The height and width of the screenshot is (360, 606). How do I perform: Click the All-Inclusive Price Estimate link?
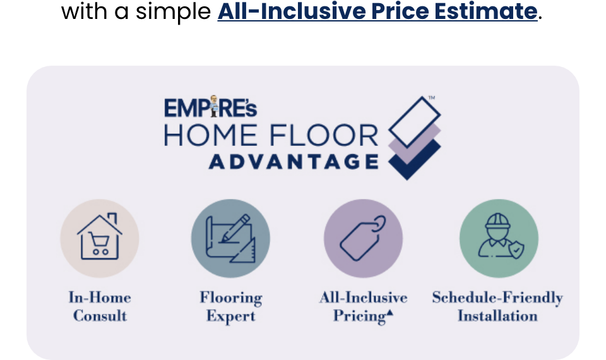pyautogui.click(x=377, y=11)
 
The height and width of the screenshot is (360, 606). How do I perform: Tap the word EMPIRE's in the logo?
pyautogui.click(x=211, y=107)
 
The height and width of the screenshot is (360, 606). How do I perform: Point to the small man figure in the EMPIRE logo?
pyautogui.click(x=213, y=106)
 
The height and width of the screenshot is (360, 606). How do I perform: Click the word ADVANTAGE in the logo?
pyautogui.click(x=294, y=162)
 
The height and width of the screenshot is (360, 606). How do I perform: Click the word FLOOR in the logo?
pyautogui.click(x=324, y=135)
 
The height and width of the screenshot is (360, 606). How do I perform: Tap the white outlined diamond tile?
pyautogui.click(x=415, y=121)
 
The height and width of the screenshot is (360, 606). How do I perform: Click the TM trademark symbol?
pyautogui.click(x=432, y=97)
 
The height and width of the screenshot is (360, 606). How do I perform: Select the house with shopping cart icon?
pyautogui.click(x=100, y=236)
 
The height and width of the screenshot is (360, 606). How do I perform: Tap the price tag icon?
pyautogui.click(x=363, y=238)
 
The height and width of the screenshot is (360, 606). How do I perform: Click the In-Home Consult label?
pyautogui.click(x=100, y=307)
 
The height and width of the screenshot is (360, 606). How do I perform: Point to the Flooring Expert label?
pyautogui.click(x=231, y=307)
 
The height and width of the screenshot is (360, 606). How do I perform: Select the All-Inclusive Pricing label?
pyautogui.click(x=364, y=307)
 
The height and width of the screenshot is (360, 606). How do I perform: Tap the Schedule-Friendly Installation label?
pyautogui.click(x=498, y=307)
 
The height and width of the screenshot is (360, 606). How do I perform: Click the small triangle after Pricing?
pyautogui.click(x=389, y=313)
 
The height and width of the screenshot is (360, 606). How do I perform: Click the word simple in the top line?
pyautogui.click(x=173, y=11)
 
